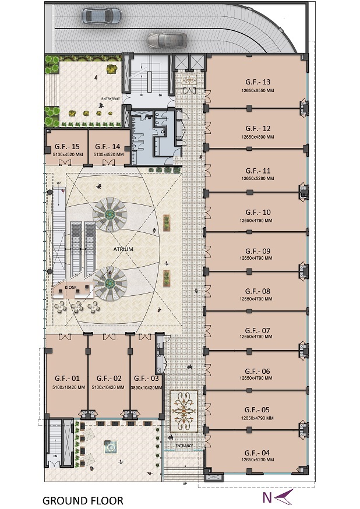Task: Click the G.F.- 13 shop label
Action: pos(258,82)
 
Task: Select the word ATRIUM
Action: pos(123,249)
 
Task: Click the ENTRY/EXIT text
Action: pos(110,99)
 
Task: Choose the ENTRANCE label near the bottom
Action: pos(183,446)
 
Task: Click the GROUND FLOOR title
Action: pos(82,500)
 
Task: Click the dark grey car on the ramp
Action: pos(102,15)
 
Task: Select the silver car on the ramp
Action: pos(167,40)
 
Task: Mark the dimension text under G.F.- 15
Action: pos(66,154)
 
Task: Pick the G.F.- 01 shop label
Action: pos(66,378)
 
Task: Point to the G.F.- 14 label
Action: pos(108,146)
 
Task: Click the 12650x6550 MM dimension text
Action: pos(257,91)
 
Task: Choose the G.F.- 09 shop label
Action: pos(257,251)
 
